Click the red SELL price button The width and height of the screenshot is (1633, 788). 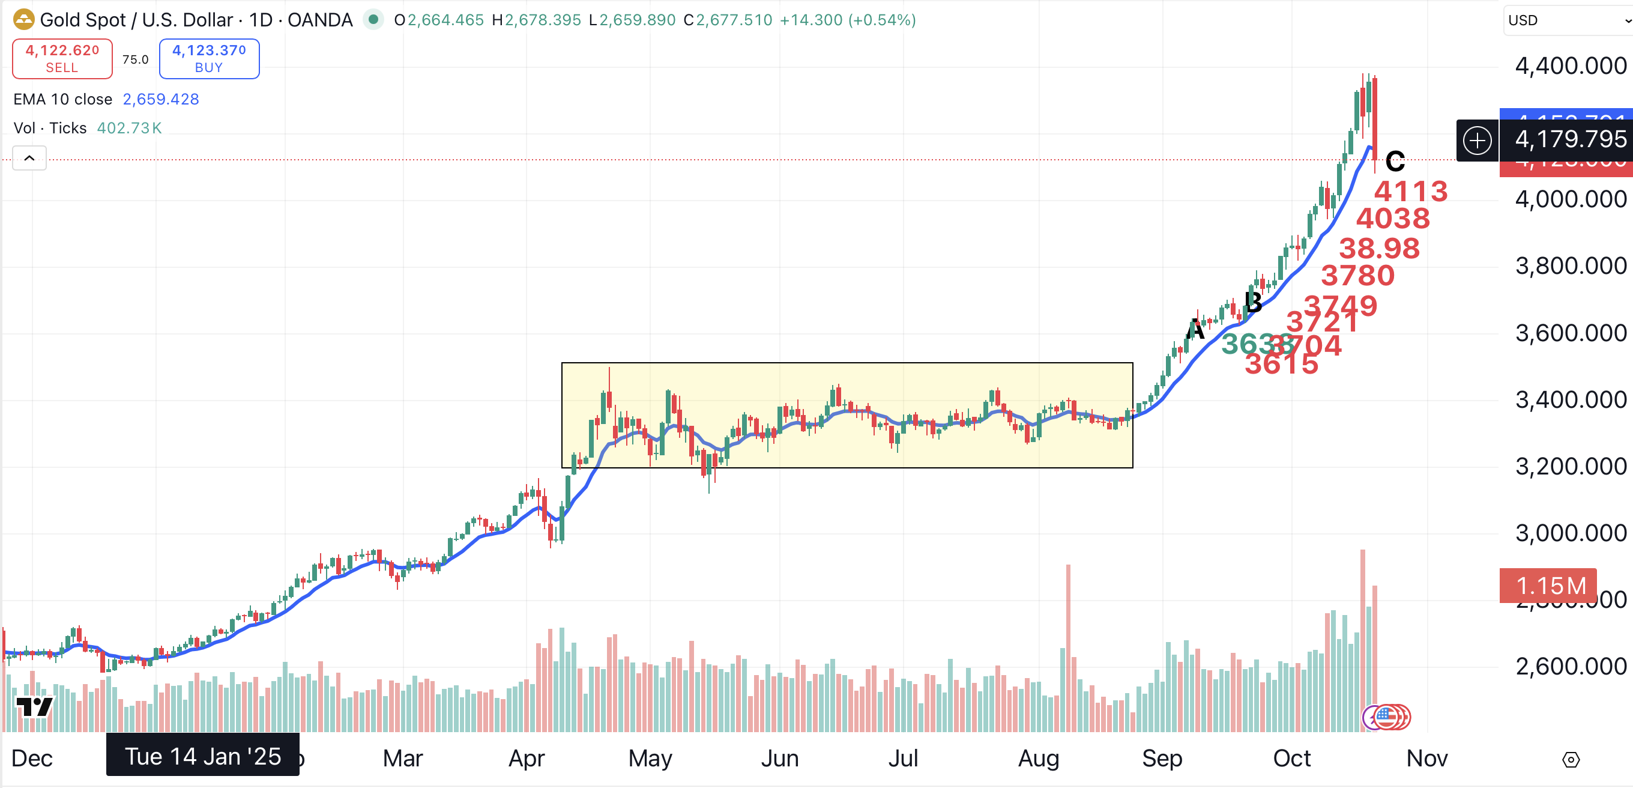pyautogui.click(x=62, y=58)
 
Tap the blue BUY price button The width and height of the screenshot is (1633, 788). pyautogui.click(x=208, y=58)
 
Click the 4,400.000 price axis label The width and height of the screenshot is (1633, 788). pyautogui.click(x=1570, y=66)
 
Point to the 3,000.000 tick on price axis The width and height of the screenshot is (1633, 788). pyautogui.click(x=1570, y=533)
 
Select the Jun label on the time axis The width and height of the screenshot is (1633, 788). pyautogui.click(x=779, y=758)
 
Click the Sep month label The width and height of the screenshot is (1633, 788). pyautogui.click(x=1161, y=758)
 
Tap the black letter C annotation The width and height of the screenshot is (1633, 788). pyautogui.click(x=1395, y=161)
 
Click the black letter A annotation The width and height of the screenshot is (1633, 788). pyautogui.click(x=1195, y=330)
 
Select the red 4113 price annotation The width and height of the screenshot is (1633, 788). pyautogui.click(x=1410, y=191)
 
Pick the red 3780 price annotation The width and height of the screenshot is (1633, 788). pyautogui.click(x=1357, y=275)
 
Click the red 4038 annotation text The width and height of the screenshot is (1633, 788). pyautogui.click(x=1393, y=218)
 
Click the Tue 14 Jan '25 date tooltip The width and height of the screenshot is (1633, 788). pyautogui.click(x=202, y=756)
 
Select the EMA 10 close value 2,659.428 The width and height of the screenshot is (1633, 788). pyautogui.click(x=160, y=99)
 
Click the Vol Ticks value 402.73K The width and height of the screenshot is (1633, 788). pyautogui.click(x=128, y=128)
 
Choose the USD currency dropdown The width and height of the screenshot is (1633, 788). pyautogui.click(x=1566, y=20)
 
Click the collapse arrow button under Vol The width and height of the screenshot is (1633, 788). pyautogui.click(x=29, y=158)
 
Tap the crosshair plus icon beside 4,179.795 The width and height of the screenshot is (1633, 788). pyautogui.click(x=1477, y=139)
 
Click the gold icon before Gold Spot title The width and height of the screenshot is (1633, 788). pyautogui.click(x=23, y=20)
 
